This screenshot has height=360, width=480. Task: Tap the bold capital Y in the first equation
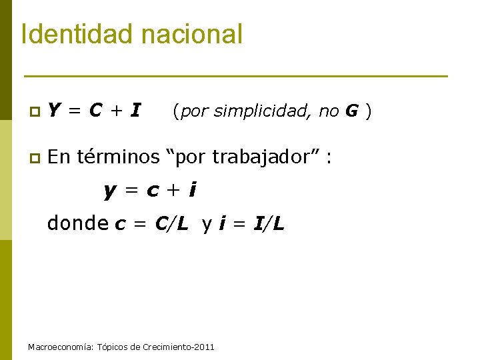point(56,110)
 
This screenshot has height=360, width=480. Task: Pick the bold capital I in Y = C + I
point(135,110)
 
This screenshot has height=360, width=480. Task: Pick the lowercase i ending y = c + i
point(192,191)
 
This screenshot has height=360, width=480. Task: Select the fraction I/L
point(269,224)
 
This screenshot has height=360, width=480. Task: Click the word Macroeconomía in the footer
point(61,347)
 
